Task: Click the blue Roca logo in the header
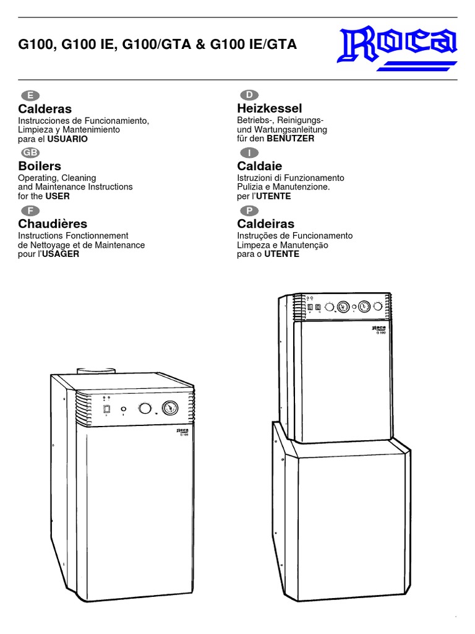pyautogui.click(x=397, y=48)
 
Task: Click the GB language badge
pyautogui.click(x=30, y=152)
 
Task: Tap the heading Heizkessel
pyautogui.click(x=270, y=108)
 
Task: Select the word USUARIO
pyautogui.click(x=67, y=139)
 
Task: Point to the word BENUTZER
pyautogui.click(x=291, y=139)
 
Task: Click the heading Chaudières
pyautogui.click(x=53, y=224)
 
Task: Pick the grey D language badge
pyautogui.click(x=249, y=95)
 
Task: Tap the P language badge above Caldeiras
pyautogui.click(x=249, y=211)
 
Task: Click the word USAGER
pyautogui.click(x=61, y=254)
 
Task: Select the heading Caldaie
pyautogui.click(x=260, y=166)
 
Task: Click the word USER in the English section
pyautogui.click(x=58, y=196)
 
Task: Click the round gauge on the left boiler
pyautogui.click(x=170, y=408)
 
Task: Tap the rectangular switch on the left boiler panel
pyautogui.click(x=107, y=409)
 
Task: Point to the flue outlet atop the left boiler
pyautogui.click(x=96, y=371)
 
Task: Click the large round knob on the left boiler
pyautogui.click(x=145, y=409)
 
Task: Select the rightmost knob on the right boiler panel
pyautogui.click(x=378, y=306)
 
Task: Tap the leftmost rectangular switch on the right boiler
pyautogui.click(x=310, y=308)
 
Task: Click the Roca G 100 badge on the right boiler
pyautogui.click(x=379, y=329)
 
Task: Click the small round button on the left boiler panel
pyautogui.click(x=124, y=409)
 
